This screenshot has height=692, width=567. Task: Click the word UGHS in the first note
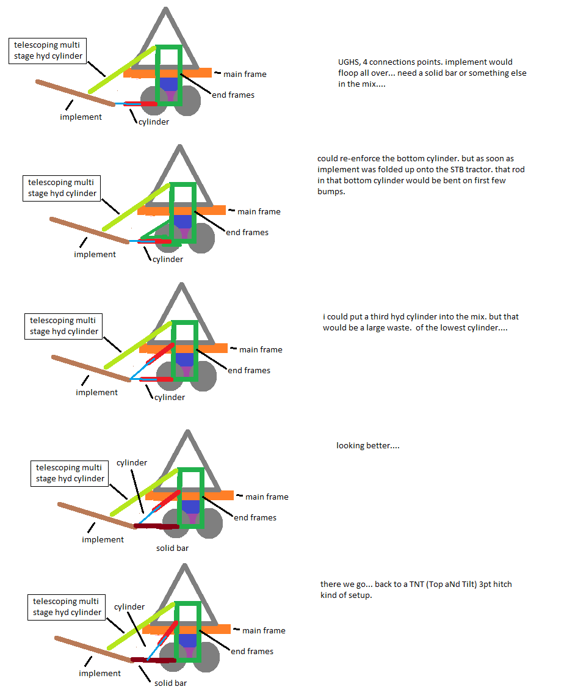tap(350, 62)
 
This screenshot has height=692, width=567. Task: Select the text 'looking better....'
tap(367, 446)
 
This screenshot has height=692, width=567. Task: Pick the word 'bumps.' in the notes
tap(330, 192)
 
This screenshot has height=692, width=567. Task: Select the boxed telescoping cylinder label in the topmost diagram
tap(47, 51)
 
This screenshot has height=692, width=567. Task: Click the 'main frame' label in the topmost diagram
tap(245, 75)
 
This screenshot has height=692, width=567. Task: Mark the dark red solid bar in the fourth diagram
tap(156, 526)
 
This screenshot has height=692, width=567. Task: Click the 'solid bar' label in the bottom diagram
tap(170, 683)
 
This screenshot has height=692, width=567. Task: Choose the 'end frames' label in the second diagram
tap(247, 233)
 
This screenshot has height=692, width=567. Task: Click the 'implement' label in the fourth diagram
tap(103, 539)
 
